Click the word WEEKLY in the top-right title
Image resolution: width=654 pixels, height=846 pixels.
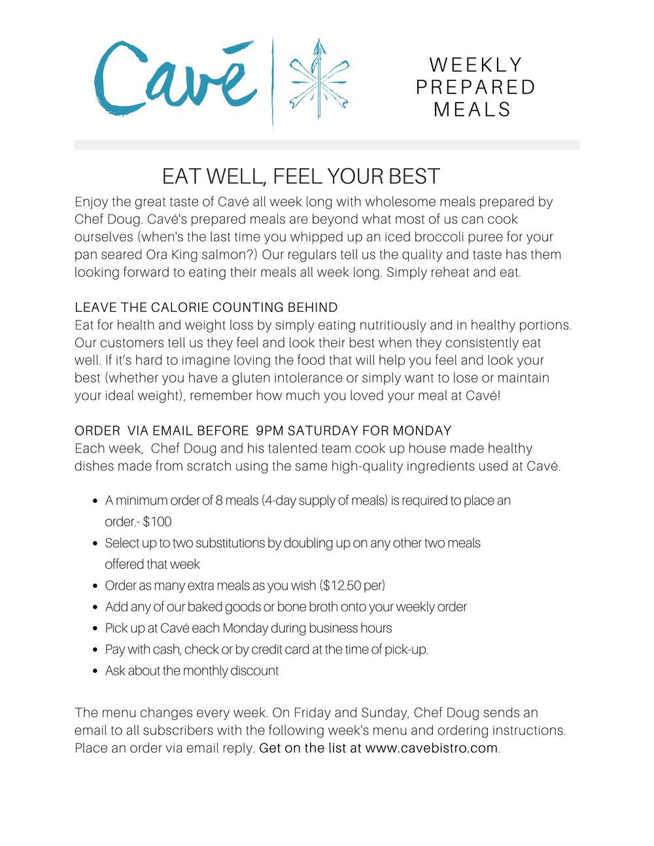pyautogui.click(x=476, y=65)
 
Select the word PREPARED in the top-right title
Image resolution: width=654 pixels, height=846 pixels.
pyautogui.click(x=476, y=87)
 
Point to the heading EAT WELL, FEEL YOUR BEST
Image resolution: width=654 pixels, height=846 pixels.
pyautogui.click(x=301, y=176)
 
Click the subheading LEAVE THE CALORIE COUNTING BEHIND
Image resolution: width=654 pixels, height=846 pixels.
pyautogui.click(x=206, y=307)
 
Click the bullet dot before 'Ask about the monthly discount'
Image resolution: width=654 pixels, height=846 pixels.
pyautogui.click(x=95, y=671)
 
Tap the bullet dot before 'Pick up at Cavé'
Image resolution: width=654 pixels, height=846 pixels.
pyautogui.click(x=95, y=629)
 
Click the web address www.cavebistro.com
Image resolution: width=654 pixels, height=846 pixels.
pyautogui.click(x=432, y=748)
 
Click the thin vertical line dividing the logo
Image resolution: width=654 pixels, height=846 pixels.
pyautogui.click(x=272, y=82)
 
